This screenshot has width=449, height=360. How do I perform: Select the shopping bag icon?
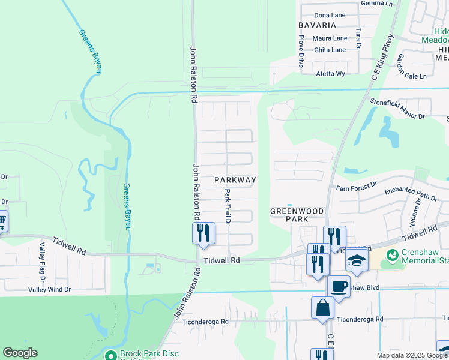pos(322,307)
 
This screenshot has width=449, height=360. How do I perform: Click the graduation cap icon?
pos(356,262)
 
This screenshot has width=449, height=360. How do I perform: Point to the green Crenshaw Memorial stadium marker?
pos(393,256)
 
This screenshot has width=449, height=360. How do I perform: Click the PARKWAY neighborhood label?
pos(235,180)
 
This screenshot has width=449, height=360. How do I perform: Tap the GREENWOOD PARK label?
pos(297,215)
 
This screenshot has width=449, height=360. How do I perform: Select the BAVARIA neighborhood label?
pos(317,25)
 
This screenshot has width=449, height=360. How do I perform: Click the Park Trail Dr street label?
pos(228,206)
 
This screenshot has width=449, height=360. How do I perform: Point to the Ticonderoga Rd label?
pos(208,321)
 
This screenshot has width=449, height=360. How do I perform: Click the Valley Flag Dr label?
pos(43,258)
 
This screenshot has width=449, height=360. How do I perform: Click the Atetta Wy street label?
pos(331,74)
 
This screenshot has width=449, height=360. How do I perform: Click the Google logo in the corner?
pos(20,353)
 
